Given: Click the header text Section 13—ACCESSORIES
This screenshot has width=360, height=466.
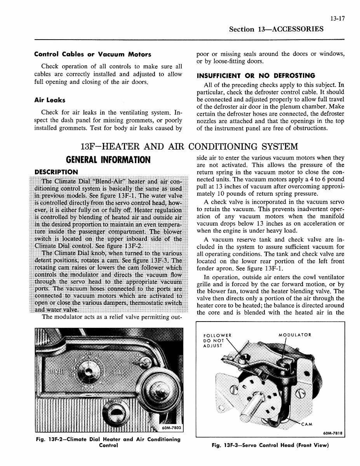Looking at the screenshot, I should (x=276, y=29).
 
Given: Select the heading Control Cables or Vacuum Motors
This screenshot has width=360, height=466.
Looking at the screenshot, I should (x=92, y=54).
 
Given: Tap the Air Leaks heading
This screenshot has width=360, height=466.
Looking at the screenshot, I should (x=50, y=100).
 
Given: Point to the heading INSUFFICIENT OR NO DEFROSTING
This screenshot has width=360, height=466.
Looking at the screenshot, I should (x=256, y=75).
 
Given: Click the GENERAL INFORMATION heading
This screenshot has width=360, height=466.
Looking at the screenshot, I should (x=108, y=160).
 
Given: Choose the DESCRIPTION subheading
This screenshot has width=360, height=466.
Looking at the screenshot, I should (x=56, y=172).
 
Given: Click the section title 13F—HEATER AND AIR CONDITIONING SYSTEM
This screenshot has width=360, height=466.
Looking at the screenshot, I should (x=189, y=147).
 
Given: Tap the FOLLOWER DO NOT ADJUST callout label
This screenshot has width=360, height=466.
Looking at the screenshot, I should (x=217, y=340).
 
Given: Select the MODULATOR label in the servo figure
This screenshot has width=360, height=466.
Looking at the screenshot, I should (x=295, y=335).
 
